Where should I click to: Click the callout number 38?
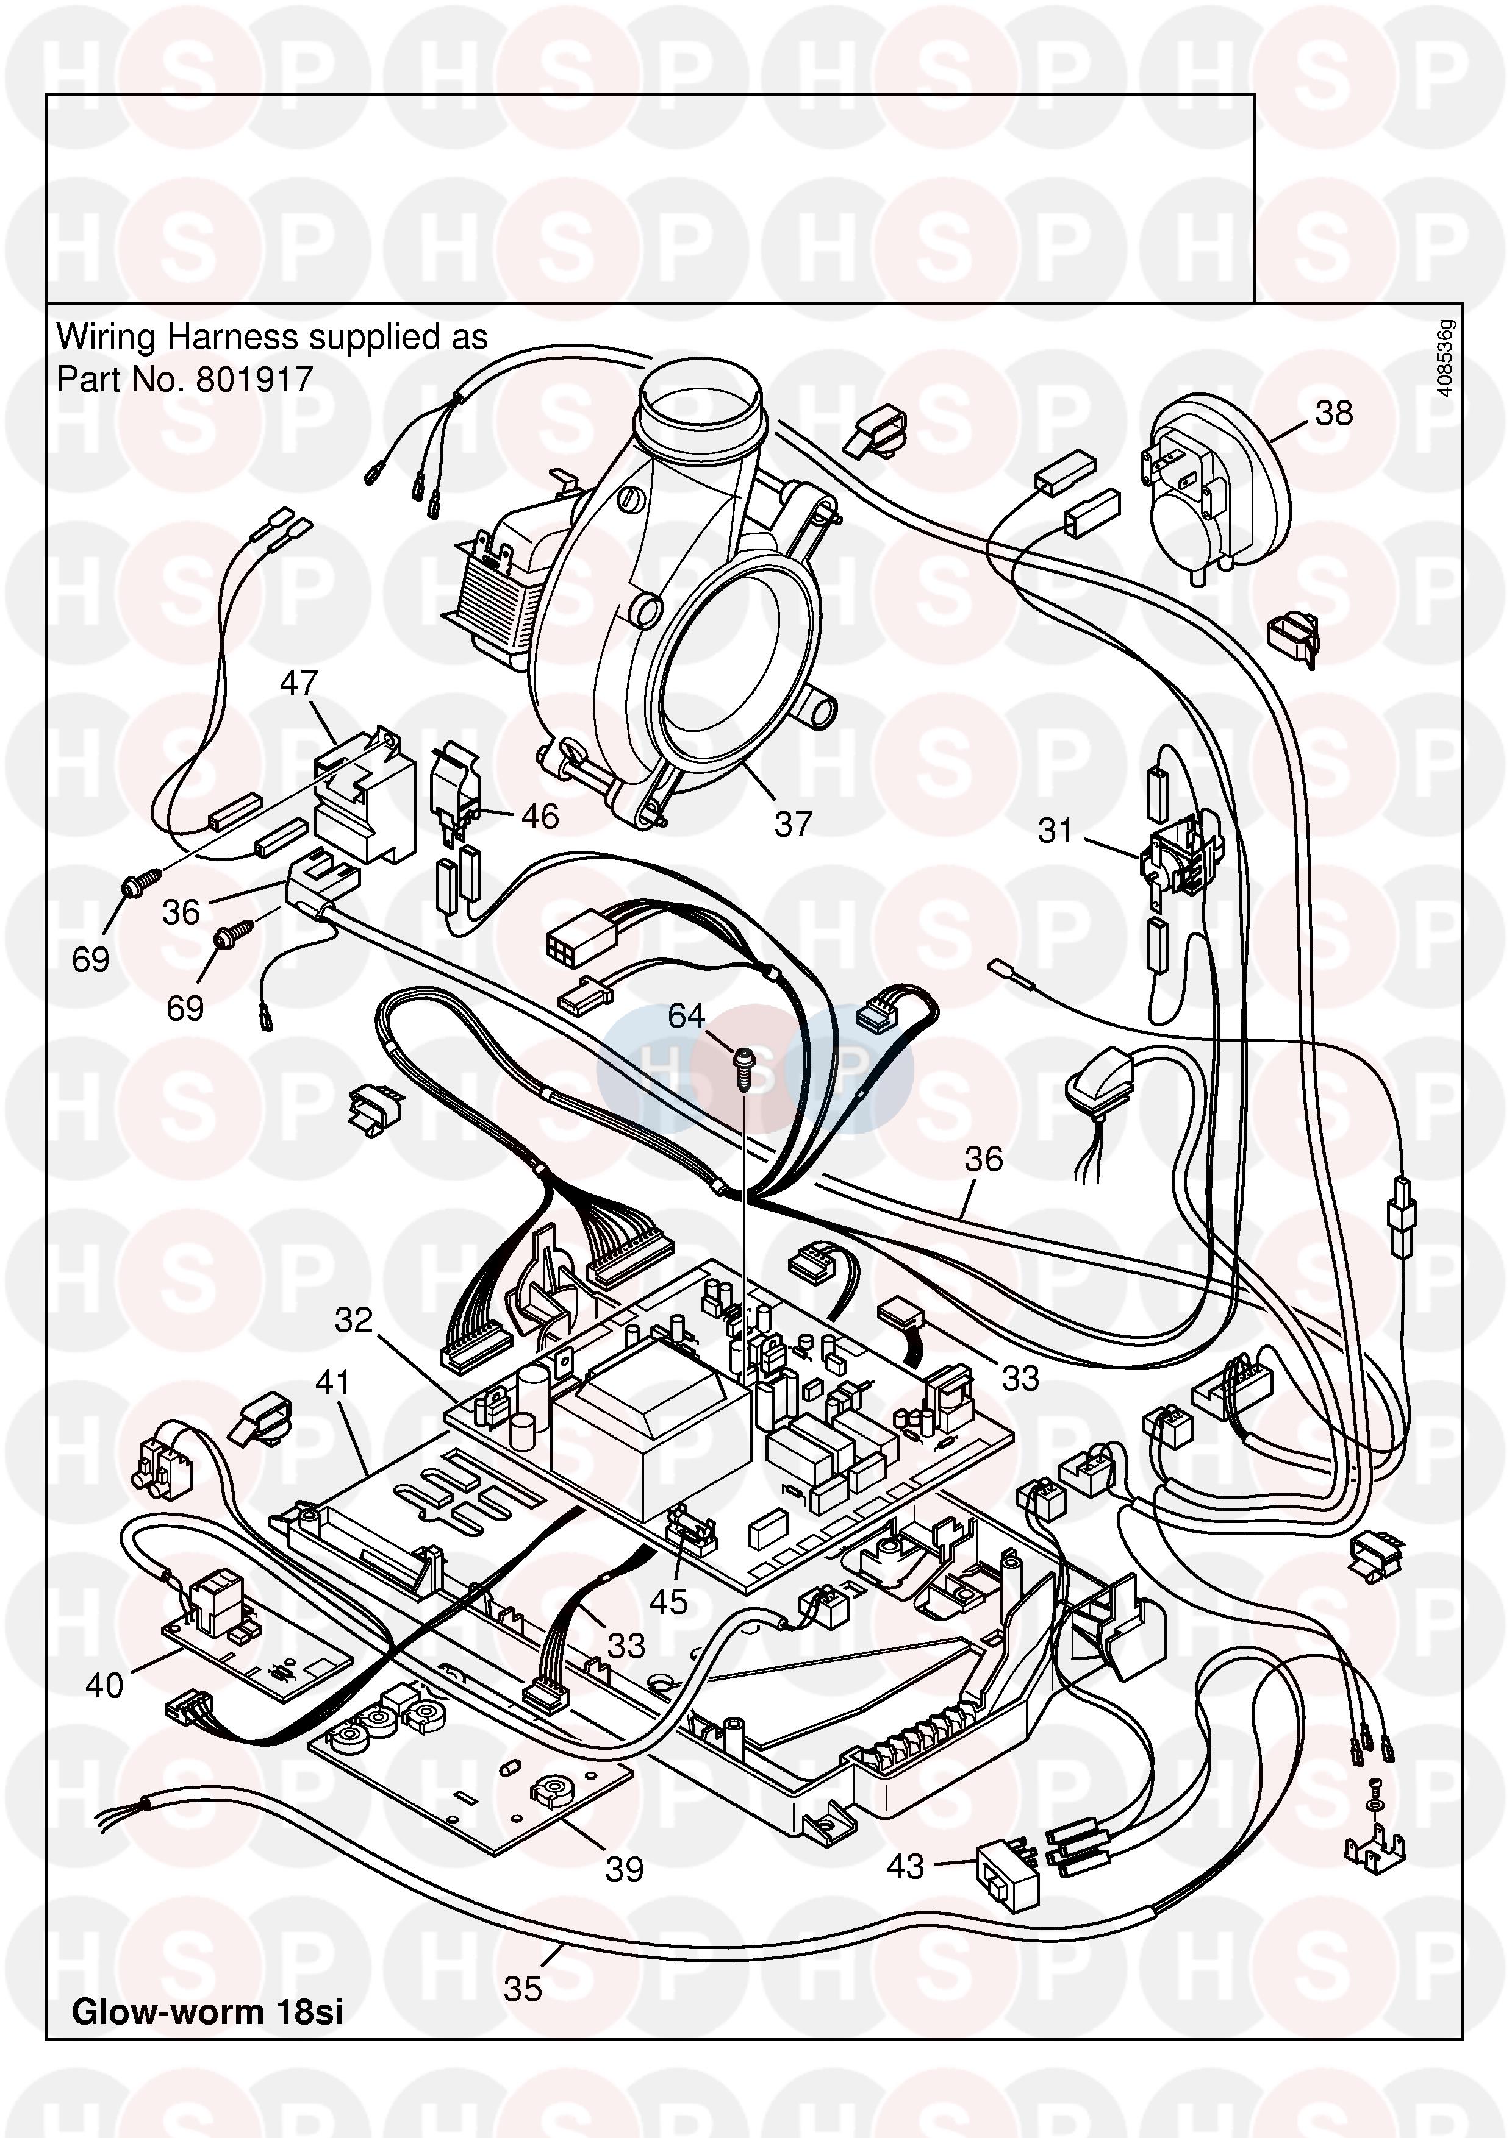click(x=1333, y=413)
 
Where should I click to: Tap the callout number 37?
click(x=793, y=823)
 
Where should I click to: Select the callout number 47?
click(x=298, y=683)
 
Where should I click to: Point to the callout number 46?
click(x=539, y=817)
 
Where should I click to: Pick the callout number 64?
click(x=687, y=1015)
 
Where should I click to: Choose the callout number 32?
click(x=353, y=1319)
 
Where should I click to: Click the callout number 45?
click(x=668, y=1602)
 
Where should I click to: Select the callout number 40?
click(x=104, y=1685)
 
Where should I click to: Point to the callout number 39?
click(x=624, y=1869)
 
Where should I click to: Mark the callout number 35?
click(x=523, y=1988)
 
